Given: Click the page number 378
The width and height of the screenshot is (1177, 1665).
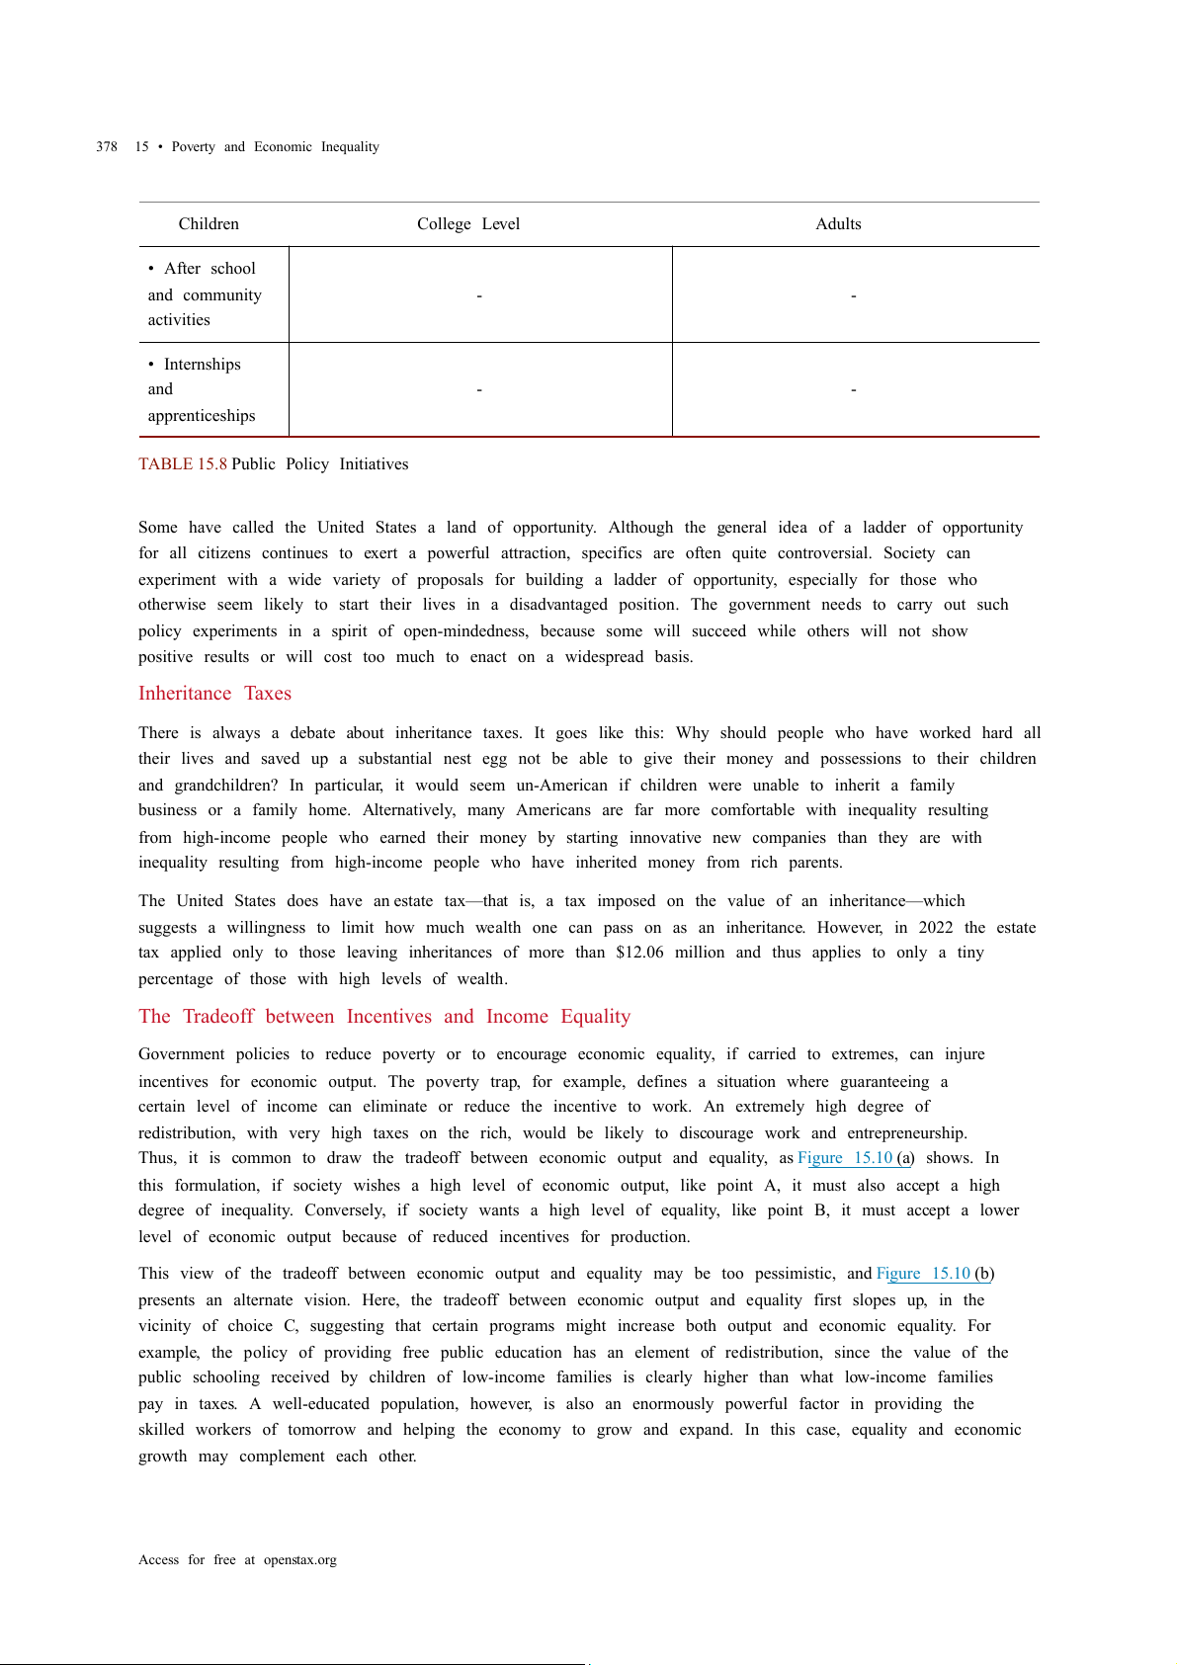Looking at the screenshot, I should pos(107,147).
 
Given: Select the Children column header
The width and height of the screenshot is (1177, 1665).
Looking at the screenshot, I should pos(209,224).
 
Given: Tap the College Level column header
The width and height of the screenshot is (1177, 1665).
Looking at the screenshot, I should pos(467,224).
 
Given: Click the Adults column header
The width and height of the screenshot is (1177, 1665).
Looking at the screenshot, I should pos(838,224).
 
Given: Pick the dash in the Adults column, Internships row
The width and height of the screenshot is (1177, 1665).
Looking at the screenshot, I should pos(854,390).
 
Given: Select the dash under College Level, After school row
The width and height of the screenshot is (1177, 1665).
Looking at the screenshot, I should pos(479,295).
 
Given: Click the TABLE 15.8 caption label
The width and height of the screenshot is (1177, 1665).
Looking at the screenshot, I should pos(183,464).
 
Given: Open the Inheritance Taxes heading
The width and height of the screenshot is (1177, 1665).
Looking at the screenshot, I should pos(214,694).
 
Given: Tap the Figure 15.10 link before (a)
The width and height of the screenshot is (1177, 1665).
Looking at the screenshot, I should pos(845,1158).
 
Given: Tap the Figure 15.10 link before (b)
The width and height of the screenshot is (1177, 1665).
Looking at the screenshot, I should pos(923,1274).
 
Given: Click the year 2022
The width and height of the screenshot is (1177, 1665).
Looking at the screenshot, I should pos(936,928).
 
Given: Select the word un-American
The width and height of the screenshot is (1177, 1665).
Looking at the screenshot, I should pos(561,786).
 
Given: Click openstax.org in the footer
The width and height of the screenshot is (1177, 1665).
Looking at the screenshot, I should pos(299,1560).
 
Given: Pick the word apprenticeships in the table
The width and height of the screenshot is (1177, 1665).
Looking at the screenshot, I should pos(202,416).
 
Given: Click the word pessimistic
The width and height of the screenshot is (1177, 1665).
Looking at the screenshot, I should pos(795,1274).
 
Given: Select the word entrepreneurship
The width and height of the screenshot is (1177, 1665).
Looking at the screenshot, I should pos(906,1133).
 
